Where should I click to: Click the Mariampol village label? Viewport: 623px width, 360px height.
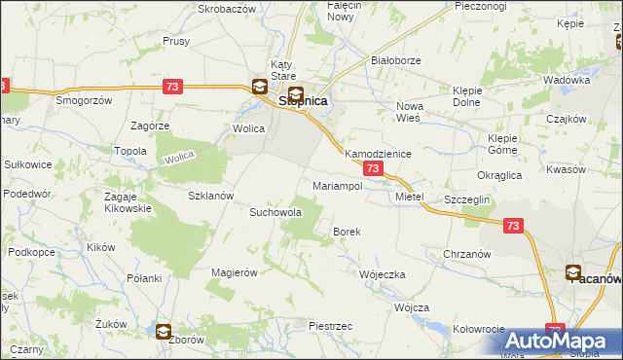(337, 185)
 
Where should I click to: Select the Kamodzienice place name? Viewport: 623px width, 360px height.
(379, 155)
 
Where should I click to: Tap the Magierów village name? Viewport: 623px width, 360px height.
(234, 272)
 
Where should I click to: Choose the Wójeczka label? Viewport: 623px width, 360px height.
(382, 274)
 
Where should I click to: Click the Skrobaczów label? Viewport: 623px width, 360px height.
(226, 7)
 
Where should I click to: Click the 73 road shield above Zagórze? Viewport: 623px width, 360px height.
(173, 87)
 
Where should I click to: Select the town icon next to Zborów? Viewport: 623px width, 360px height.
(164, 332)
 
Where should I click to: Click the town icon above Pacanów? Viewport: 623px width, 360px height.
(574, 272)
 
